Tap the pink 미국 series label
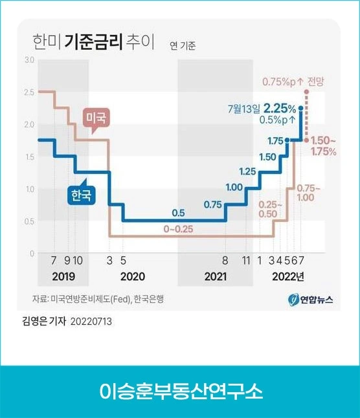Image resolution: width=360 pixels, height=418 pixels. (x=96, y=118)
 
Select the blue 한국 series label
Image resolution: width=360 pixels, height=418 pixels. (x=81, y=195)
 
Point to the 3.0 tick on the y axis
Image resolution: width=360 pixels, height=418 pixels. (x=28, y=60)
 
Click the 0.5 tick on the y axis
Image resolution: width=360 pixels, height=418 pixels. (x=28, y=221)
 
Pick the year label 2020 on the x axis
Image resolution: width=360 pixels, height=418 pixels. (x=132, y=276)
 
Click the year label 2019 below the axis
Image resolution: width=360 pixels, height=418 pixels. (x=63, y=276)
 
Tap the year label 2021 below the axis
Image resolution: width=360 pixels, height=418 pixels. (x=215, y=276)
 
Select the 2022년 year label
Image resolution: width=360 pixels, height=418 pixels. (x=289, y=276)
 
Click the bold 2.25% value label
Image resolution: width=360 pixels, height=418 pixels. (x=280, y=109)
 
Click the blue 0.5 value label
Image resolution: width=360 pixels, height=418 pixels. (x=178, y=213)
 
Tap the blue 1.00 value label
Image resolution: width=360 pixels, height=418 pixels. (x=234, y=187)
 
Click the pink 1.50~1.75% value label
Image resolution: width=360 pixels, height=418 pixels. (x=323, y=146)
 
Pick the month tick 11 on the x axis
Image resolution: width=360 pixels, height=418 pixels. (x=246, y=261)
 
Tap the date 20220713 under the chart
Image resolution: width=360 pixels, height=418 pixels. (x=91, y=321)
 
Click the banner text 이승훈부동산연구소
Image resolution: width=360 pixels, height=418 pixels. (x=181, y=392)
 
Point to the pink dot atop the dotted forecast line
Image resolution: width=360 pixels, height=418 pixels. (x=306, y=92)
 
